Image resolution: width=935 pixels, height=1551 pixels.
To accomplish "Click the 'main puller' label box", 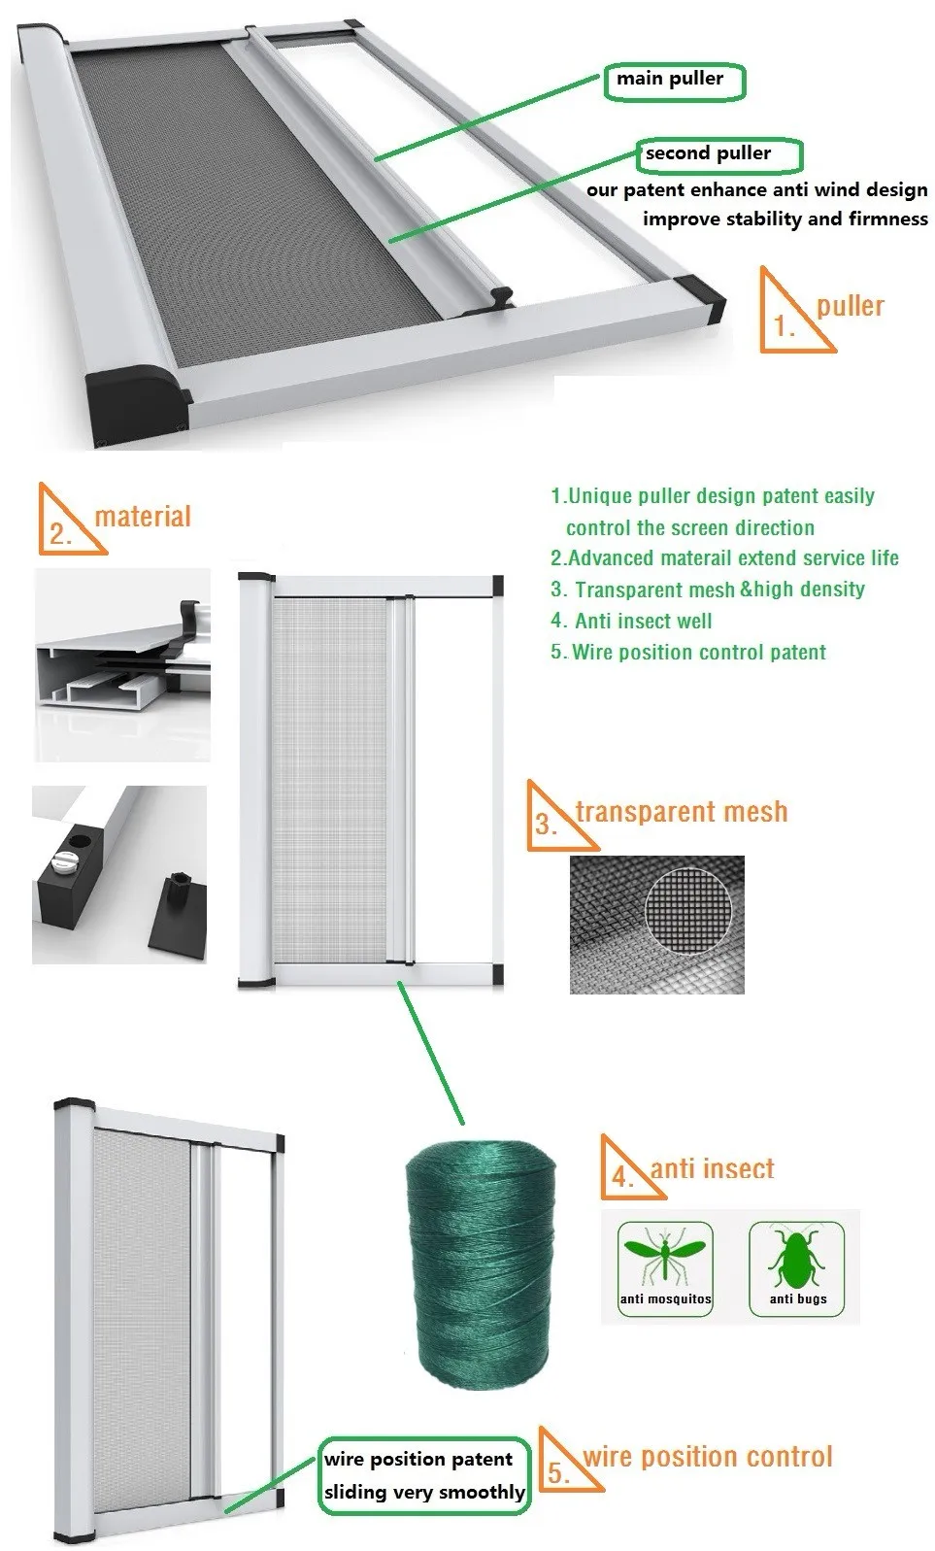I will (674, 81).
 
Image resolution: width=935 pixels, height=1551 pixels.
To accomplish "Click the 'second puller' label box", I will (718, 153).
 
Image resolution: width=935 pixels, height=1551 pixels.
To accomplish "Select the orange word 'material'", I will (143, 516).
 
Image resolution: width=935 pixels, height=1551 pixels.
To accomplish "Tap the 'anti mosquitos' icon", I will (666, 1267).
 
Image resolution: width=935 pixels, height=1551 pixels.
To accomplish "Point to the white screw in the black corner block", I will (64, 859).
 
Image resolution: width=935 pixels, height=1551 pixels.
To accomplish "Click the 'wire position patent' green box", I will (424, 1475).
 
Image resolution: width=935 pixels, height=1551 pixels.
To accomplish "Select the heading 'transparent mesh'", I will (682, 811).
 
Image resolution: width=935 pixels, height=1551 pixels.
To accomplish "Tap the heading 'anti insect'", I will (713, 1168).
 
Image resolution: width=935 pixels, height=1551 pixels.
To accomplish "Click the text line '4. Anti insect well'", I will (631, 621).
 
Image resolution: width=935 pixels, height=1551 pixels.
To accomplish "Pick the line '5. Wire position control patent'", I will (688, 652).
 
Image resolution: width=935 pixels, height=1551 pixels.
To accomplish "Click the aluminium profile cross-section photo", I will (122, 665).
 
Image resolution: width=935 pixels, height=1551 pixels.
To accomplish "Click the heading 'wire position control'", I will (708, 1457).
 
